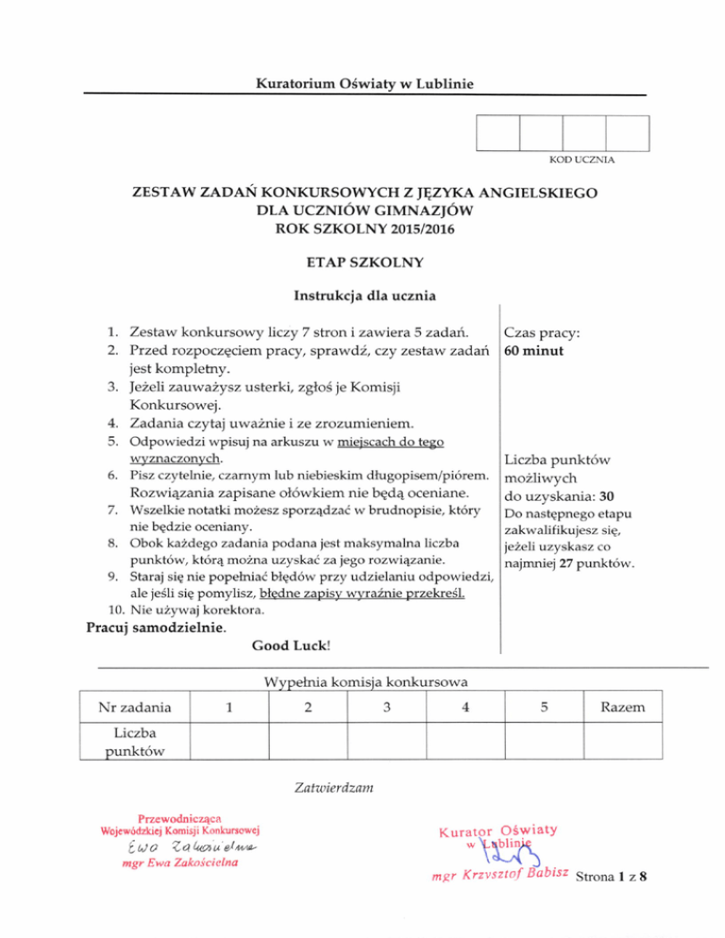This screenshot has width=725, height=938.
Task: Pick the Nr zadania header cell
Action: tap(135, 707)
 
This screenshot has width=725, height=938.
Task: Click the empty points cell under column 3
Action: tap(387, 741)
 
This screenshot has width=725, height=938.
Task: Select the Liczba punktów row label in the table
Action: tap(135, 741)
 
